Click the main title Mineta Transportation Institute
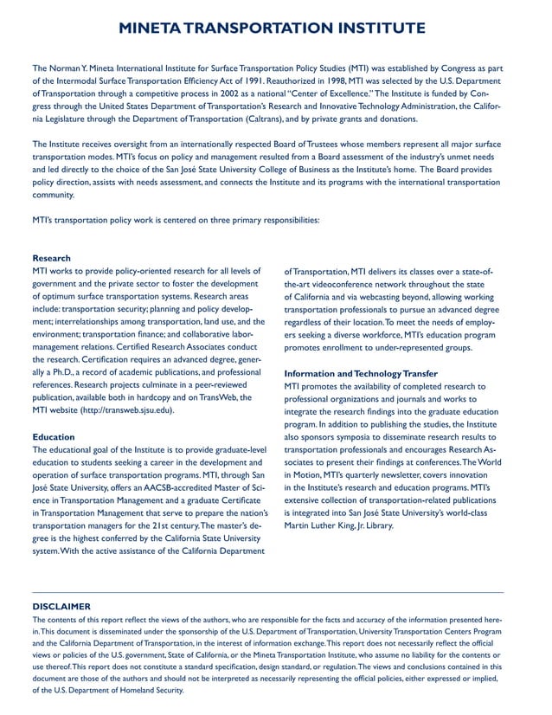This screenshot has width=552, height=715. tap(276, 29)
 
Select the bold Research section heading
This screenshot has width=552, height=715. tap(52, 258)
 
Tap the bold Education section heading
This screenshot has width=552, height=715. tap(54, 437)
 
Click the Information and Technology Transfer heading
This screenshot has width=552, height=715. tap(361, 373)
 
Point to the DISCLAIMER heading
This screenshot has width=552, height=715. tap(61, 606)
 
